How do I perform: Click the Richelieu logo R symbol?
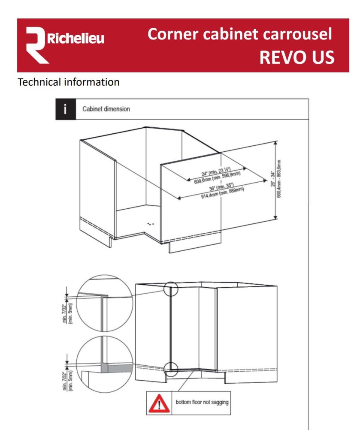(36, 45)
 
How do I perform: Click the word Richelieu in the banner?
(76, 40)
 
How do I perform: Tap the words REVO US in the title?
(296, 57)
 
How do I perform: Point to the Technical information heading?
(68, 82)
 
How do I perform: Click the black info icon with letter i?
(65, 109)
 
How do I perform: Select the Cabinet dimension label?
(106, 109)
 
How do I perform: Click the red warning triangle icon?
(159, 403)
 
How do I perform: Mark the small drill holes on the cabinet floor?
(150, 224)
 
